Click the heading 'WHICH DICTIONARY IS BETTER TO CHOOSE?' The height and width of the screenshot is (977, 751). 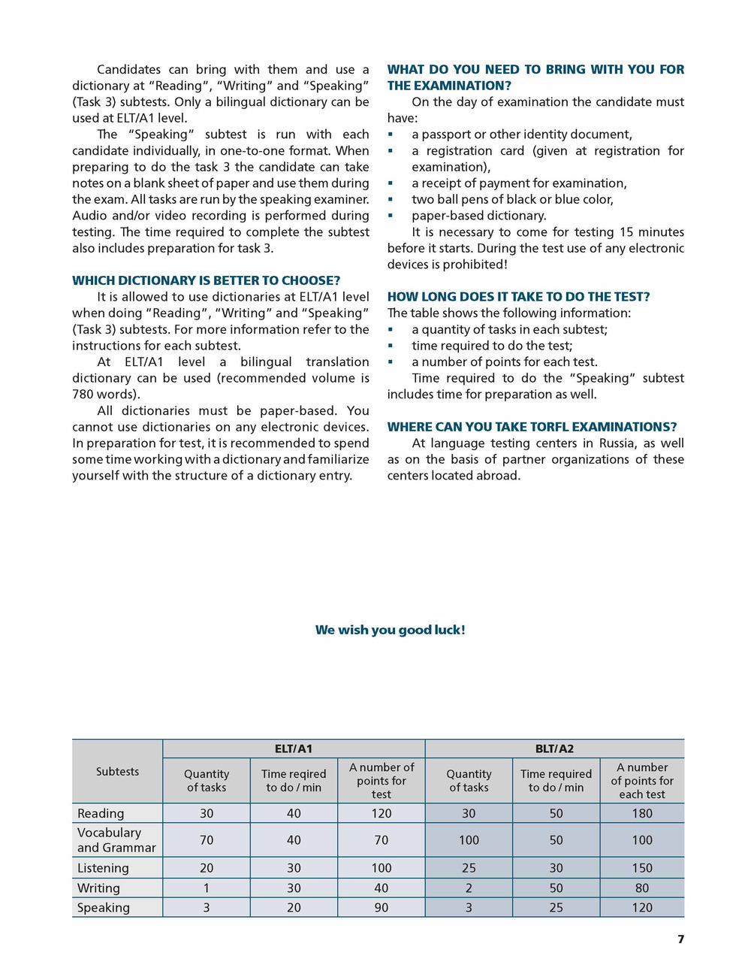point(206,280)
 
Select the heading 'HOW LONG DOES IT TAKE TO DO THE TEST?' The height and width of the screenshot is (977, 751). point(518,297)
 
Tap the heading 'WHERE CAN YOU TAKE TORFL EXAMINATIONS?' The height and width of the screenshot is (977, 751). point(532,427)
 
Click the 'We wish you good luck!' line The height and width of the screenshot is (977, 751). point(390,630)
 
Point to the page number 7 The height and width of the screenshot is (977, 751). point(680,939)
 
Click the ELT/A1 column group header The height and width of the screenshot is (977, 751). point(294,749)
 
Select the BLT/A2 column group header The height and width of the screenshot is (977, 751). point(555,749)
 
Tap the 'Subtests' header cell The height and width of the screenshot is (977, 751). point(117,771)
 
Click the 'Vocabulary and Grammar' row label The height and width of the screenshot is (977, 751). point(116,840)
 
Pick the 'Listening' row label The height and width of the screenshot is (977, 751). point(103,868)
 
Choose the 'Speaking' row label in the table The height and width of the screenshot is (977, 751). point(104,908)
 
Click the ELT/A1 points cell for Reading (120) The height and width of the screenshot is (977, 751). point(382,813)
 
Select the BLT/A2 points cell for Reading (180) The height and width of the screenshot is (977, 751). point(642,813)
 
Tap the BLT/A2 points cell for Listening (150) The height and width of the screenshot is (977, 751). point(642,868)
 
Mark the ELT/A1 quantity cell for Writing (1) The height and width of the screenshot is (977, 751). point(207,888)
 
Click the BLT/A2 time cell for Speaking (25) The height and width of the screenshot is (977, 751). point(556,908)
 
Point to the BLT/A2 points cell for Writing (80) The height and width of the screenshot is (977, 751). point(642,888)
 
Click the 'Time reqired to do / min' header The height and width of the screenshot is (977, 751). point(294,781)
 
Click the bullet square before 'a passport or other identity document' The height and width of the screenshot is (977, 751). point(391,135)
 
